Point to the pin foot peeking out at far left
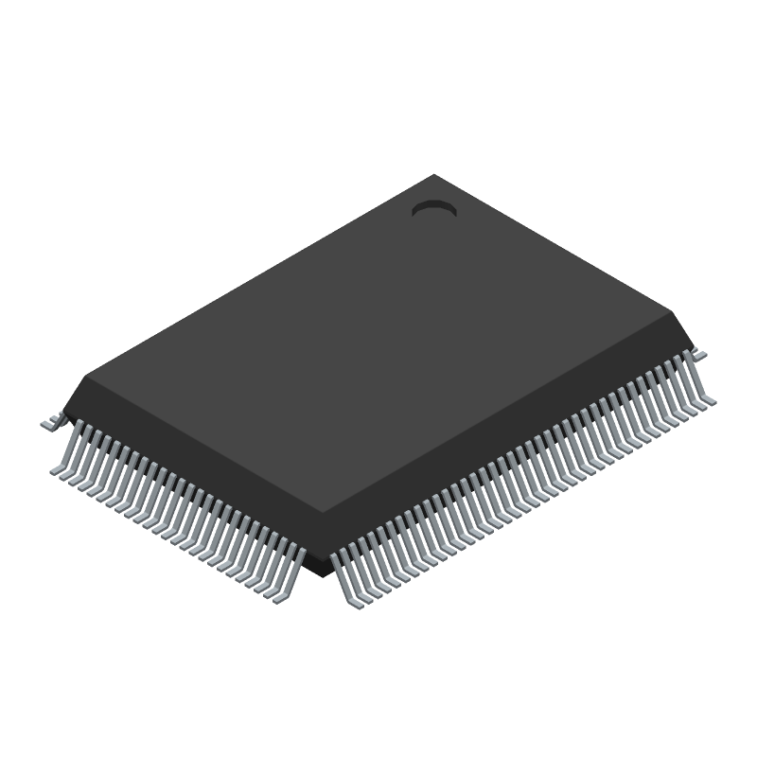48,426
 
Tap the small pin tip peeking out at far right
701,353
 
